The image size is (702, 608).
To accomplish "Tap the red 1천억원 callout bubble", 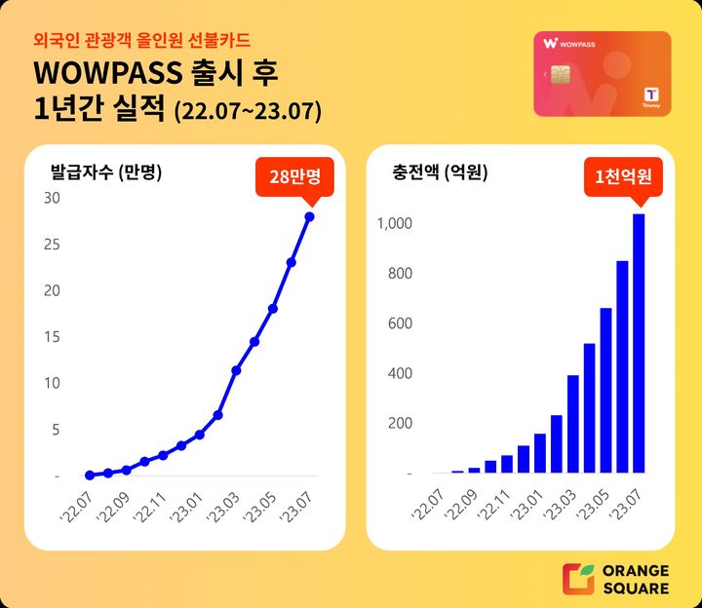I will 623,176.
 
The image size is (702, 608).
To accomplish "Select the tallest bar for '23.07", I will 639,343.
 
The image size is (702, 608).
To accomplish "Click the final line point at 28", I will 310,216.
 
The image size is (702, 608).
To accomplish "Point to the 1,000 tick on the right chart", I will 395,223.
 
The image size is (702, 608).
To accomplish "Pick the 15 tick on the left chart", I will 53,336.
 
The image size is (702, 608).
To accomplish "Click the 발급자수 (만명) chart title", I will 106,173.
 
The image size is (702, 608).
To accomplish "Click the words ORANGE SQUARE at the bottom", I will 635,579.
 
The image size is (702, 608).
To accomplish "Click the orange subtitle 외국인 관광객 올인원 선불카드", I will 141,40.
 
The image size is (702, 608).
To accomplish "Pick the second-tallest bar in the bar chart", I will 622,366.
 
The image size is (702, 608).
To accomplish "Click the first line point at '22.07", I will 90,475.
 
